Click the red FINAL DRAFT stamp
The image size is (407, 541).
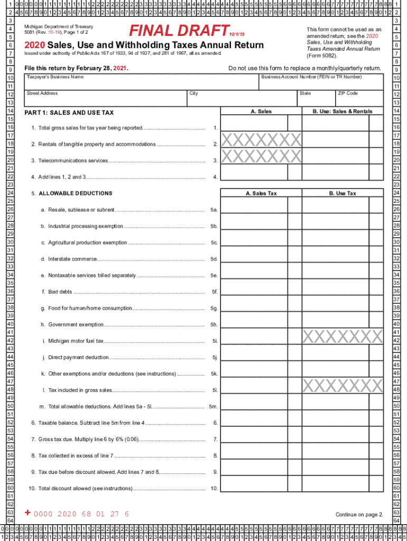(180, 31)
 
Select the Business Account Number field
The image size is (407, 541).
(320, 83)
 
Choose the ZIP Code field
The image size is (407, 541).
(359, 100)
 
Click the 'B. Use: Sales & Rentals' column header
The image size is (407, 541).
(343, 111)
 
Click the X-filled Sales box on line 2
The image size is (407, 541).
(261, 140)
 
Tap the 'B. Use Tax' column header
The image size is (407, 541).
(343, 193)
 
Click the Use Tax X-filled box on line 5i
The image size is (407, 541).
(343, 337)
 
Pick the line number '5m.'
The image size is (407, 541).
(213, 407)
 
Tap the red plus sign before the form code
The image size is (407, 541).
(28, 513)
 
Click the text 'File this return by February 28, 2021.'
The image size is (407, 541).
(77, 68)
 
